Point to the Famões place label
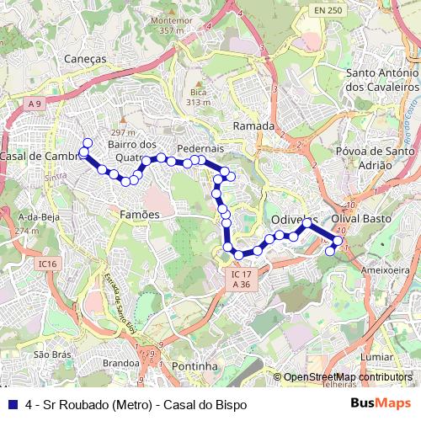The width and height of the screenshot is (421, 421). point(139,215)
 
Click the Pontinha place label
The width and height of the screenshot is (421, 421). point(194,367)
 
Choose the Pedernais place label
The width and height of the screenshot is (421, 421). point(200,147)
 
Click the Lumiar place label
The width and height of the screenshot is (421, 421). point(377,357)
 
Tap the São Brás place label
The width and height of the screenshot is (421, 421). point(51,355)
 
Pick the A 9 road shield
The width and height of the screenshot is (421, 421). point(34,103)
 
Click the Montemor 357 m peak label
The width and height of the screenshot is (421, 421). point(170,24)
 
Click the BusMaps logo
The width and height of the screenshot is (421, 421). point(381,403)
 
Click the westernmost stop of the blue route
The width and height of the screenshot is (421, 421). point(83,152)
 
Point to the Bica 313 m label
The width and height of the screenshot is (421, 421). point(199,96)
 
